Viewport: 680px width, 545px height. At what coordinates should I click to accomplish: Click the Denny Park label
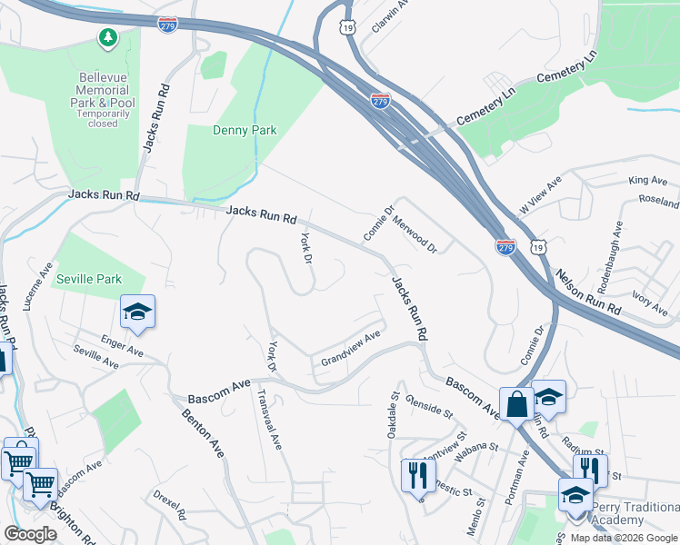pyautogui.click(x=244, y=130)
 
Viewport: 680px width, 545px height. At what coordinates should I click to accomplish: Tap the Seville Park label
pyautogui.click(x=87, y=278)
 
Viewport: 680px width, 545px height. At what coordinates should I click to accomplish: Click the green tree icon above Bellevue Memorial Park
pyautogui.click(x=108, y=37)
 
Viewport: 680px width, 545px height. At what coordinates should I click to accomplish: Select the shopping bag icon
pyautogui.click(x=516, y=402)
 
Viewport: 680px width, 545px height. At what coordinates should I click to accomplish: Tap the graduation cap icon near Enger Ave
pyautogui.click(x=137, y=312)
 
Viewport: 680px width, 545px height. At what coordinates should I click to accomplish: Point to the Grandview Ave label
pyautogui.click(x=350, y=350)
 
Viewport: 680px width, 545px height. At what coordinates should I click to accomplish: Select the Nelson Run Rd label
pyautogui.click(x=587, y=292)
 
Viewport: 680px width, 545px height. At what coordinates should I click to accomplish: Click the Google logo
pyautogui.click(x=31, y=534)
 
